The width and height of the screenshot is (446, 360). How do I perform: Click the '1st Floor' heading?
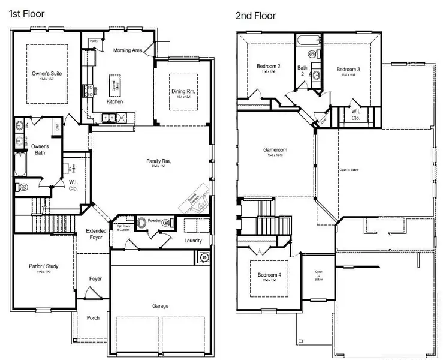pyautogui.click(x=27, y=13)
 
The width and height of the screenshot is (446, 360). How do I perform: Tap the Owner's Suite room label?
pyautogui.click(x=47, y=74)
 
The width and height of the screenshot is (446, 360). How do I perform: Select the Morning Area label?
pyautogui.click(x=127, y=50)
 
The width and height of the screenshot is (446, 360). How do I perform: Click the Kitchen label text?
pyautogui.click(x=114, y=102)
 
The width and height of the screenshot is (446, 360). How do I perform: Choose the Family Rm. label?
pyautogui.click(x=159, y=161)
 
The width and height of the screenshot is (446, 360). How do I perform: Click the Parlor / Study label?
pyautogui.click(x=43, y=266)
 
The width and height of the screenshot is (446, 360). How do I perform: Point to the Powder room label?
pyautogui.click(x=155, y=221)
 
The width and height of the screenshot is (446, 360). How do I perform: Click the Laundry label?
pyautogui.click(x=193, y=241)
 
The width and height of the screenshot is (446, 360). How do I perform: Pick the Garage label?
pyautogui.click(x=160, y=306)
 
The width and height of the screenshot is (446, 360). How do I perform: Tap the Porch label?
pyautogui.click(x=93, y=318)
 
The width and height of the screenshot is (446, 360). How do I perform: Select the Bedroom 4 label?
pyautogui.click(x=269, y=275)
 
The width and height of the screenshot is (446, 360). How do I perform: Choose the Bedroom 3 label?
pyautogui.click(x=348, y=69)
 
